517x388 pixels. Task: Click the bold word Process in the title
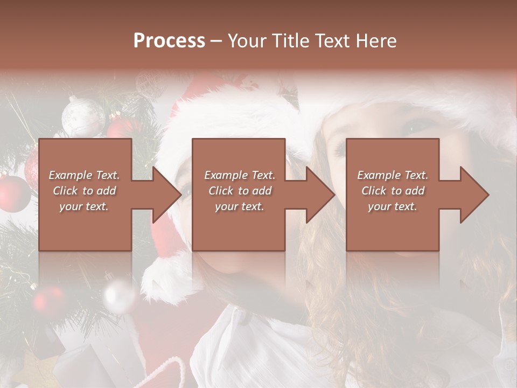pyautogui.click(x=169, y=41)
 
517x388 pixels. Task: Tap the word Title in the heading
pyautogui.click(x=291, y=41)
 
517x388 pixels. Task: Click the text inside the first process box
pyautogui.click(x=84, y=191)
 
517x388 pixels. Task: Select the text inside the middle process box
pyautogui.click(x=239, y=191)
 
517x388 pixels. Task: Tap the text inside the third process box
pyautogui.click(x=393, y=191)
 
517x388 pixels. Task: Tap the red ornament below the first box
pyautogui.click(x=48, y=300)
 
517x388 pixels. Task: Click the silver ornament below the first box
pyautogui.click(x=119, y=296)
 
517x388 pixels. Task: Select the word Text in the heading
pyautogui.click(x=332, y=41)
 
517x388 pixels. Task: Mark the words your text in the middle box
pyautogui.click(x=239, y=206)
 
